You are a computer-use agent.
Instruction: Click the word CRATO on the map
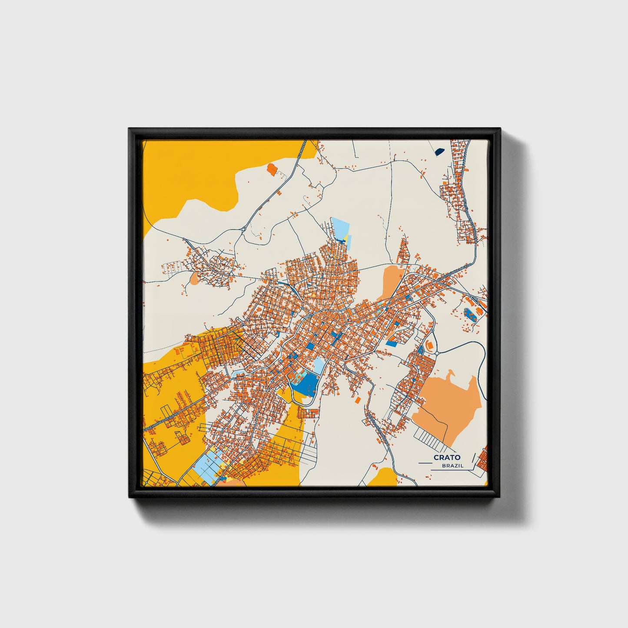point(447,457)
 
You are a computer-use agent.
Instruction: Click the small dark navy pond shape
point(440,152)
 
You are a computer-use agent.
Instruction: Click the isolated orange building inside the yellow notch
point(272,169)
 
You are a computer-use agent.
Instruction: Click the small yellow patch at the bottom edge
point(382,476)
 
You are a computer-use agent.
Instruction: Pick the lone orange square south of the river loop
point(358,399)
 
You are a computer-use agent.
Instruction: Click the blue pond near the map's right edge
point(469,312)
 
